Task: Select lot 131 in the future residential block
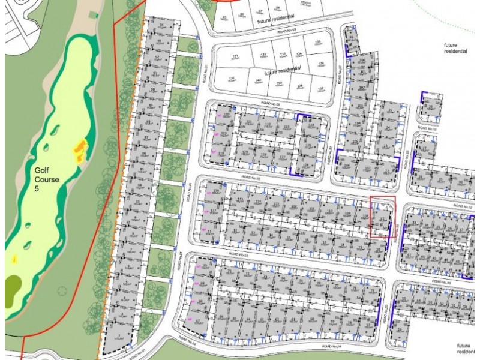[x=236, y=58]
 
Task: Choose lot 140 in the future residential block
[x=258, y=82]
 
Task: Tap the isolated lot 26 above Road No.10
[x=430, y=107]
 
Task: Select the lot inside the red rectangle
[x=383, y=217]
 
